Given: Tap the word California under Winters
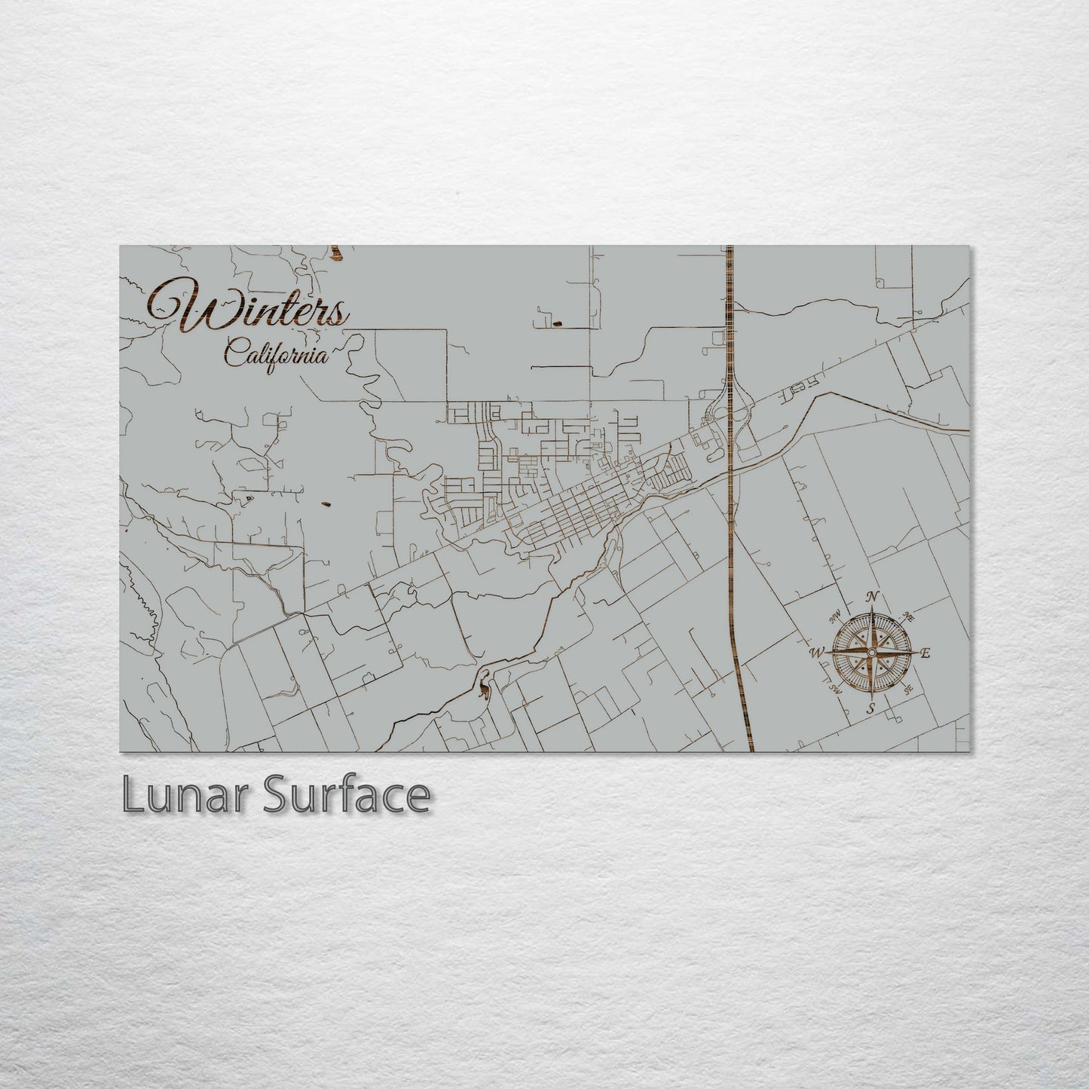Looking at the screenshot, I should (x=277, y=353).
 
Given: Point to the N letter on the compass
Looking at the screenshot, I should (x=873, y=597).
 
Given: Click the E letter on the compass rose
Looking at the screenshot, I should (x=926, y=653).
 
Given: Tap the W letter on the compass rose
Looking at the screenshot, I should (x=817, y=653).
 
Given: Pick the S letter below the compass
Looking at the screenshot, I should (x=870, y=708).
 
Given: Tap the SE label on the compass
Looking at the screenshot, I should (x=909, y=688).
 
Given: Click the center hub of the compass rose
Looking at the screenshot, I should (x=872, y=653).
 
